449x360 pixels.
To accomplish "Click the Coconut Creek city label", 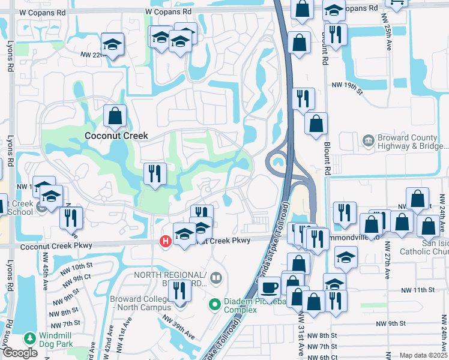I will (x=116, y=136).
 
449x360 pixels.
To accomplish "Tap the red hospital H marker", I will (x=164, y=241).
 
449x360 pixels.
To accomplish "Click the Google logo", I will (x=20, y=353).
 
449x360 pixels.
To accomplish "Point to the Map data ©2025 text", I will (x=423, y=355).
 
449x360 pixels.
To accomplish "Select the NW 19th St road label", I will (x=350, y=88).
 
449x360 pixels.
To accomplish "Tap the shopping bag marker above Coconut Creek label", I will (x=114, y=116).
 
